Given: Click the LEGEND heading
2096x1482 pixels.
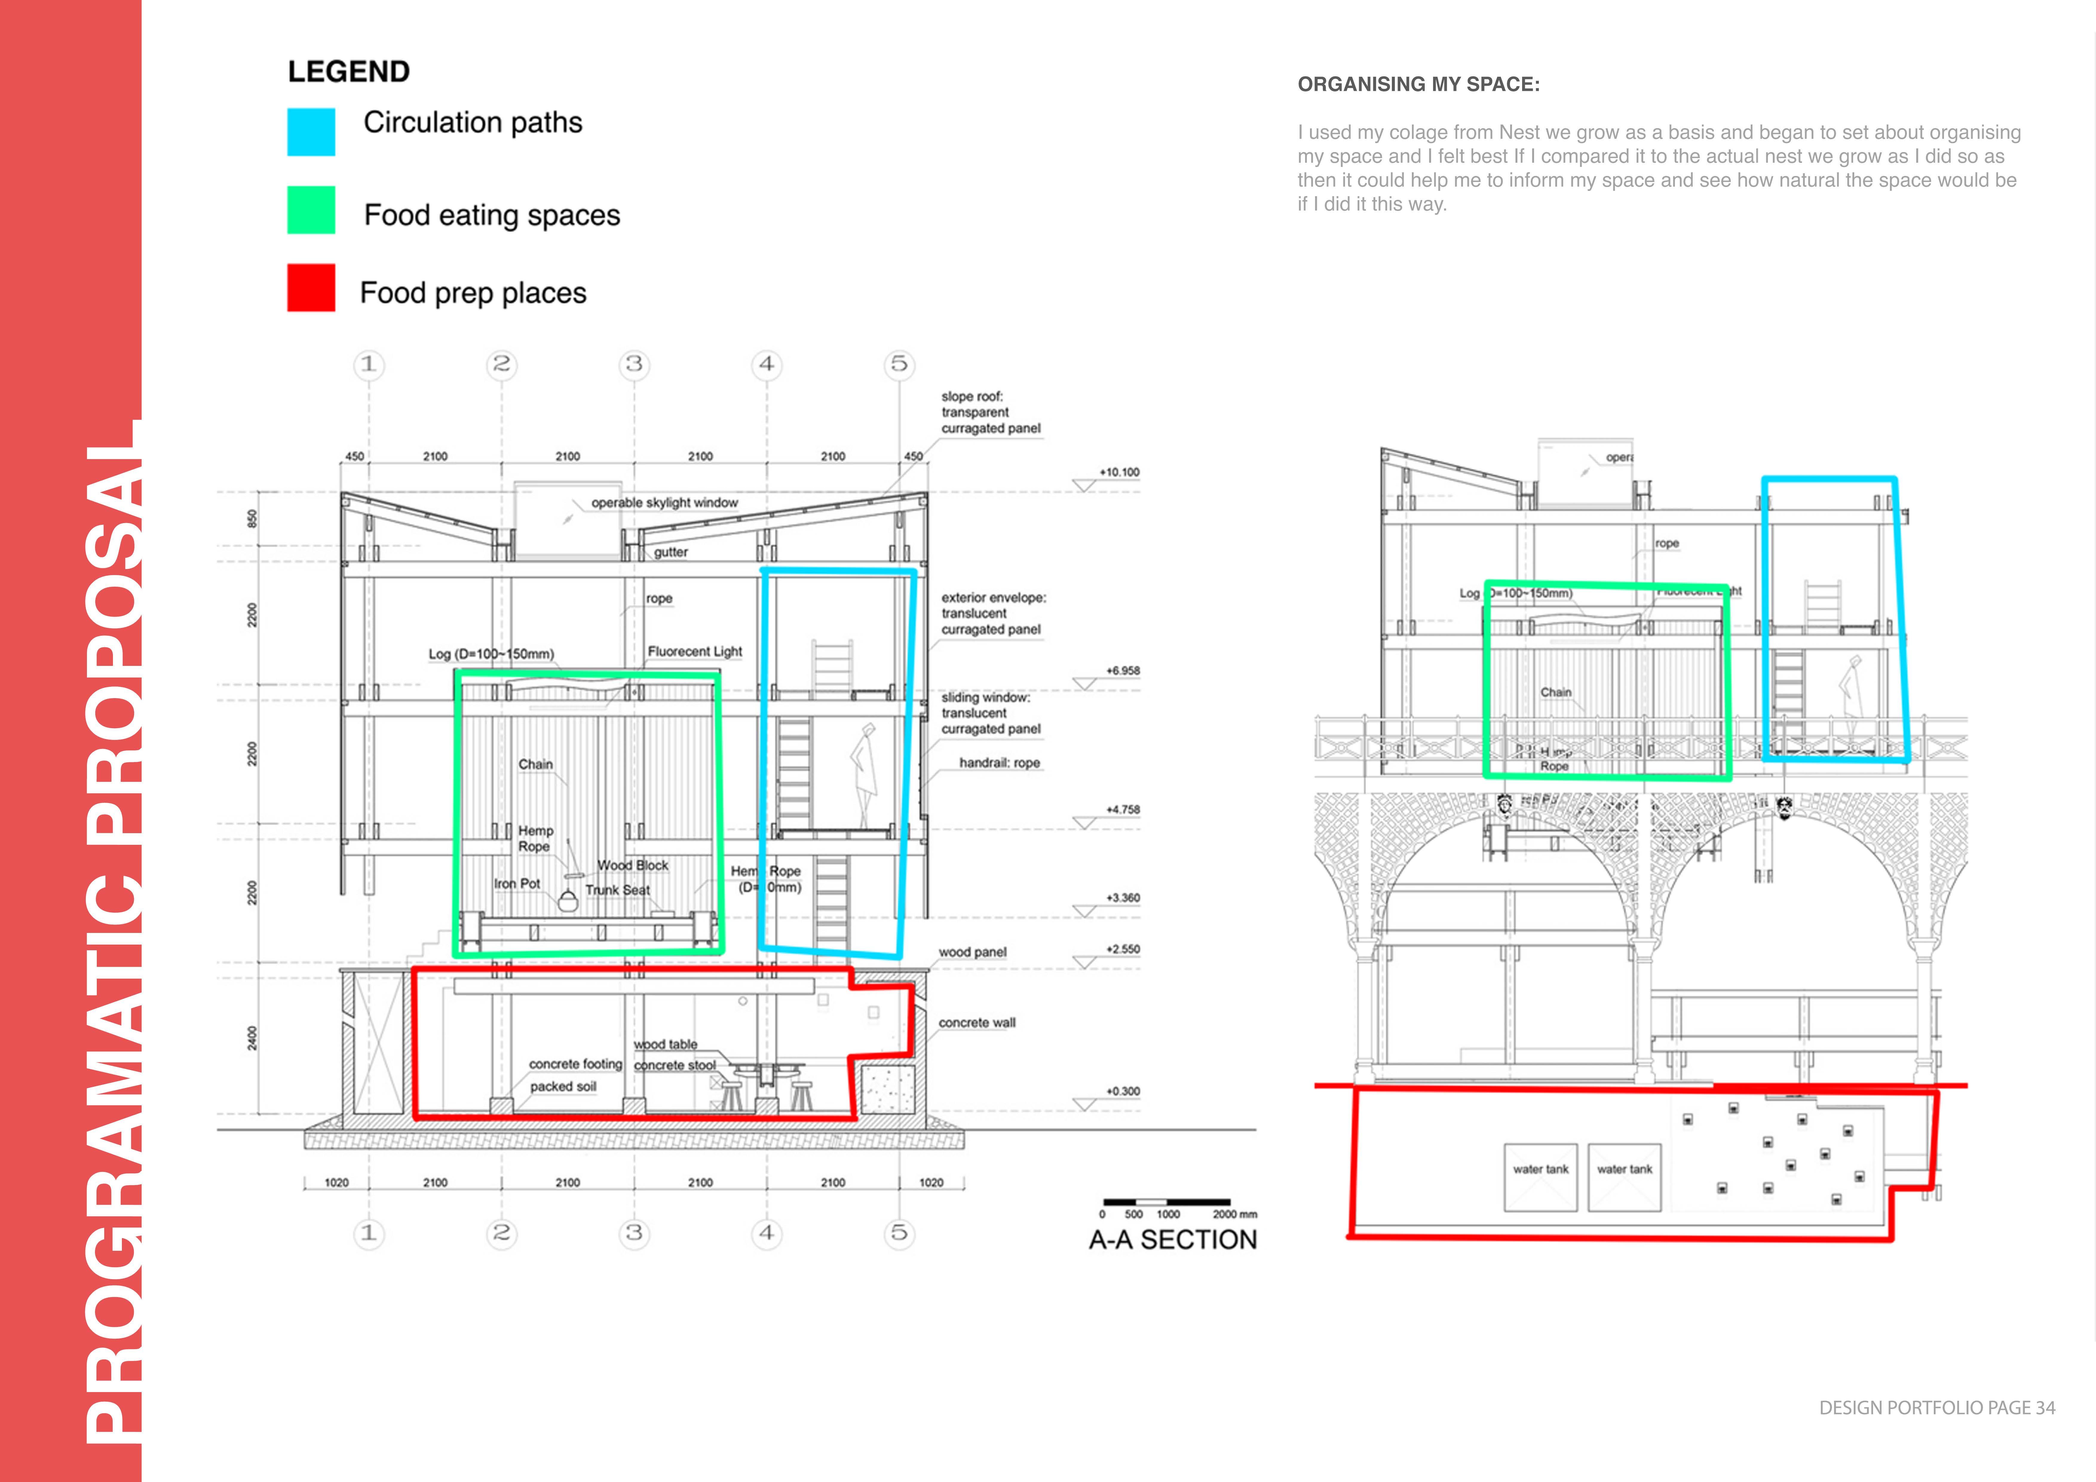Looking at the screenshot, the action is [349, 71].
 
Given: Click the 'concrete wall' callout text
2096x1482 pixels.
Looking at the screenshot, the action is [977, 1023].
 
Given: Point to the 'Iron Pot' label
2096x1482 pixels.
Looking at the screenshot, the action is [517, 884].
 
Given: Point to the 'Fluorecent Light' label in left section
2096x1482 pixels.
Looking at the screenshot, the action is [695, 651].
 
